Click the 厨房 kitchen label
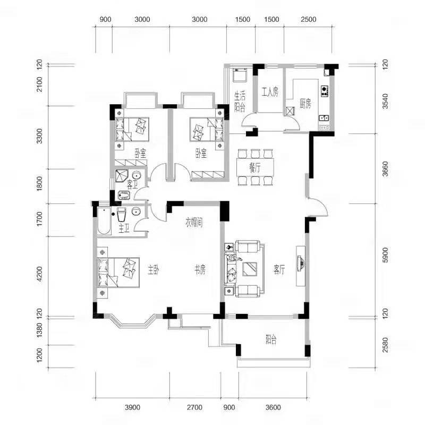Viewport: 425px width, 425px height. pos(305,104)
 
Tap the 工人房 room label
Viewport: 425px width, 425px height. pos(270,92)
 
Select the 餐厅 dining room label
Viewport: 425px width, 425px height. pos(255,168)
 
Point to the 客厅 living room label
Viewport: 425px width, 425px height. pos(279,270)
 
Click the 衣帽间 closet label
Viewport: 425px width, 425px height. pos(194,223)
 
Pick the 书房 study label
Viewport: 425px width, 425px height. pos(200,270)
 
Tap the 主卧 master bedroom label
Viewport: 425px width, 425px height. pos(154,270)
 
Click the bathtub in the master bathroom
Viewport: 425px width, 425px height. pos(104,221)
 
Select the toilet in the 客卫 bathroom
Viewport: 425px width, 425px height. pos(124,195)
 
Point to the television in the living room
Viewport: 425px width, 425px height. pos(301,263)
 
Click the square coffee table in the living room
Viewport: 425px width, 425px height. pos(250,269)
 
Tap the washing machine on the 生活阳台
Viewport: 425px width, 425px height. pos(240,75)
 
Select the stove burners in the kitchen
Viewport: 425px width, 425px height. pos(325,91)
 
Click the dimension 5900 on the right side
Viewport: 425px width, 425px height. pos(385,255)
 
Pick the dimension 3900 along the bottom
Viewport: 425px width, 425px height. pos(132,407)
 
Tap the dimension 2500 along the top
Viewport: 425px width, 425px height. pos(309,19)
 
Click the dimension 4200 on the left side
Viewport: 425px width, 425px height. pos(39,274)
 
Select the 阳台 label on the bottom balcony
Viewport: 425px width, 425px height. pos(271,339)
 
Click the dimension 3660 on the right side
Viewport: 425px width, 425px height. pos(385,168)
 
